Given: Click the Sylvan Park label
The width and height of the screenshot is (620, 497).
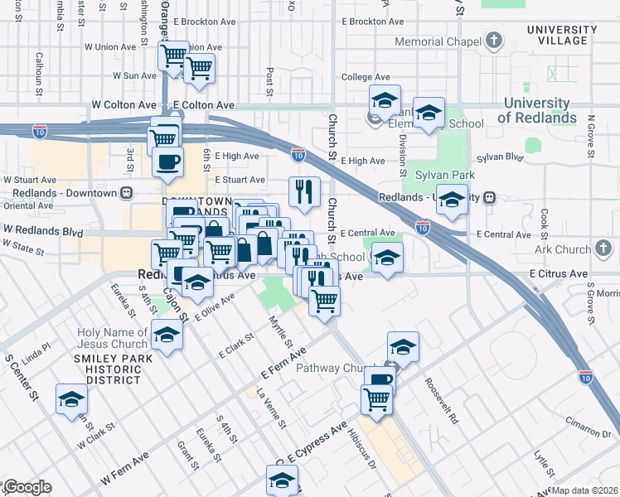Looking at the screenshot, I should pos(446,176).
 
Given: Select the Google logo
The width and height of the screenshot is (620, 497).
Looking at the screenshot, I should pos(27,487).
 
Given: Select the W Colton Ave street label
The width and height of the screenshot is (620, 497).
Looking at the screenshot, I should pos(124,105).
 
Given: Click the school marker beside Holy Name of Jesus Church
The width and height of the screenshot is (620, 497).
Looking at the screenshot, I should pos(167,335).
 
